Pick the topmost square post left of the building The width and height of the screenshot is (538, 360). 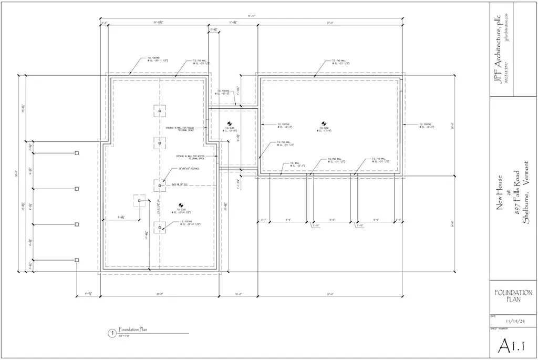77,153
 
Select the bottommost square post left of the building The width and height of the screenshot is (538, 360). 77,260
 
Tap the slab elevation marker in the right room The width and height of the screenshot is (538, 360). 324,125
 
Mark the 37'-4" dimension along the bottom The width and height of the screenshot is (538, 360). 330,294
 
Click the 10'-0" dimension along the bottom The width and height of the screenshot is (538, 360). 237,294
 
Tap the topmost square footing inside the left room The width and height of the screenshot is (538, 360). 159,111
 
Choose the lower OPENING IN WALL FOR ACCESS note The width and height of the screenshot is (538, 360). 194,157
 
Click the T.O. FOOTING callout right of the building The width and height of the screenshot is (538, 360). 425,126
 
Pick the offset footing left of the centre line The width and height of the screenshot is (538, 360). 139,200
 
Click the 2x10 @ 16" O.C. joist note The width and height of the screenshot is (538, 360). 180,184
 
